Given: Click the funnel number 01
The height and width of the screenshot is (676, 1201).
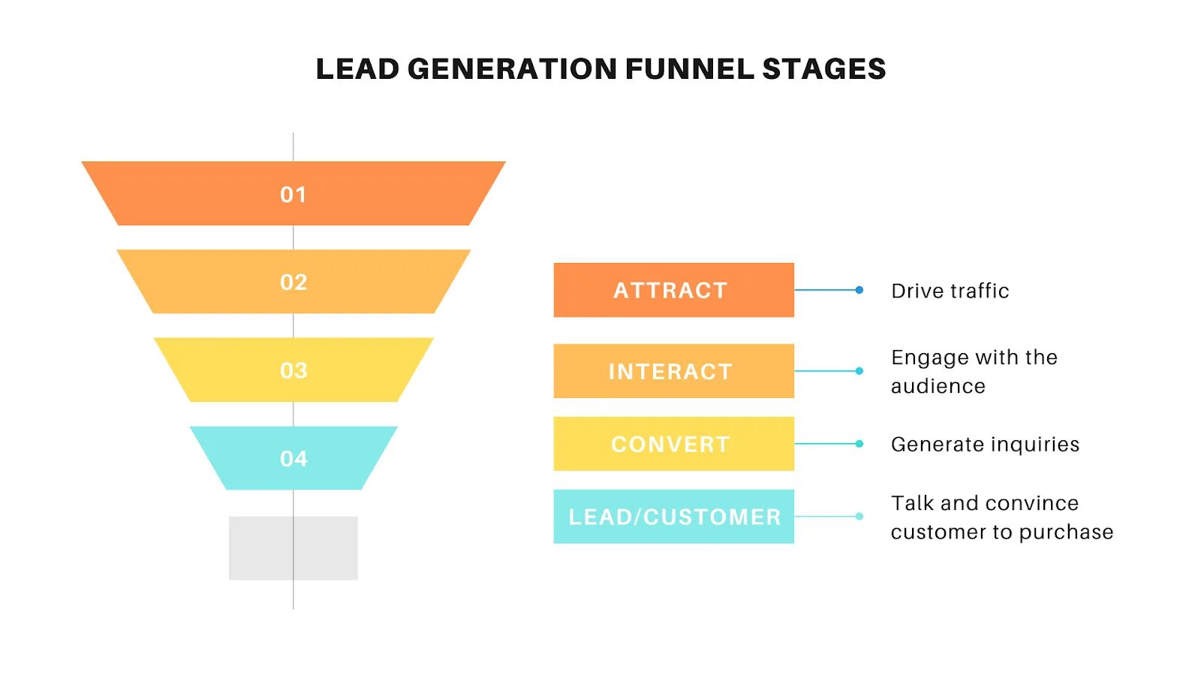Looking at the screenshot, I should [293, 195].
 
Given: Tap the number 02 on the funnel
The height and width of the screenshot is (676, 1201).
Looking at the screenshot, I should [293, 282].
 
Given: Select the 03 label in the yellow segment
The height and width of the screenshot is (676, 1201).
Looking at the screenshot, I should [293, 370].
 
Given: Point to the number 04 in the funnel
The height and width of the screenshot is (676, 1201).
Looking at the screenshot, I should [293, 458].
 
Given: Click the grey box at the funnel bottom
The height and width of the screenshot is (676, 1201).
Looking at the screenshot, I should [293, 548].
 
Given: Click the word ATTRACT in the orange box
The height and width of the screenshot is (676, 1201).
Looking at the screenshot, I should [670, 291].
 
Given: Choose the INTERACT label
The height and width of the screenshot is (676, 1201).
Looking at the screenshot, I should [670, 372].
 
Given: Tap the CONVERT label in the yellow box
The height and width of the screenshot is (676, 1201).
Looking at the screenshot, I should [670, 445].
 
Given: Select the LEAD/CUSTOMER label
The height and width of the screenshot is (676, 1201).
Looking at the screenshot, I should [674, 517].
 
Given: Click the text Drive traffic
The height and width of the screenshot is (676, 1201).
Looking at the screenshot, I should [950, 291].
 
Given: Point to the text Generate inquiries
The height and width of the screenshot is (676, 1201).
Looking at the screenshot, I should [985, 445].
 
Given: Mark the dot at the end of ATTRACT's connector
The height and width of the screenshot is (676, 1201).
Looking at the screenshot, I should [859, 290].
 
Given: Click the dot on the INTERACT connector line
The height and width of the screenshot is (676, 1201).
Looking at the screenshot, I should [859, 371].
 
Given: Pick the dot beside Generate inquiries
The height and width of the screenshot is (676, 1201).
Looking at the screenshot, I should [859, 444].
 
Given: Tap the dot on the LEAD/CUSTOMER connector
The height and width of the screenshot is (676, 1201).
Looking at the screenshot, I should [859, 516].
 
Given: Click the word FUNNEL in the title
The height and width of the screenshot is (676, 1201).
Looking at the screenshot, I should [690, 69].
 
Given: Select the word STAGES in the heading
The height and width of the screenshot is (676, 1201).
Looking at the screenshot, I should [824, 69].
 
